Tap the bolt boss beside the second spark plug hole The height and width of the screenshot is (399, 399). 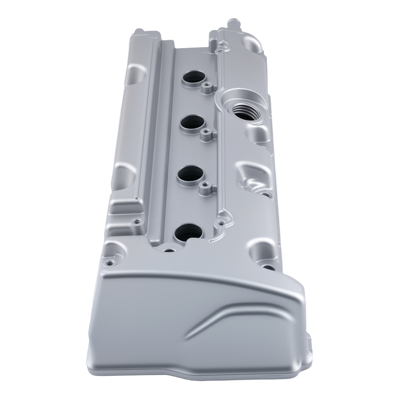[206, 131]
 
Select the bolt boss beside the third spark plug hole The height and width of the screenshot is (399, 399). [205, 185]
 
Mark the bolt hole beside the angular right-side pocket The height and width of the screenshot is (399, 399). [265, 194]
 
